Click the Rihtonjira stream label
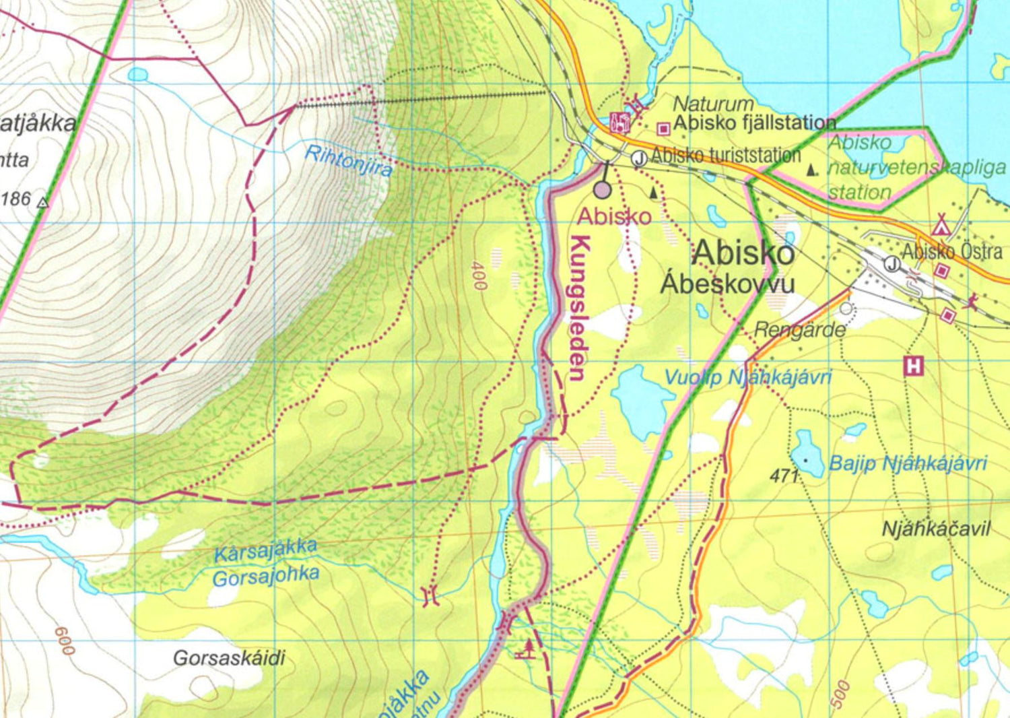348,161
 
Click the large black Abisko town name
743,253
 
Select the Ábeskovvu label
727,283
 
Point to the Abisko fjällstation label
754,123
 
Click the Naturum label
713,104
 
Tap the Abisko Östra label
952,252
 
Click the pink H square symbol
913,367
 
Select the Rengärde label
800,330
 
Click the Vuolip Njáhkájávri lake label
748,377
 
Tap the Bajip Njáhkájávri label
908,463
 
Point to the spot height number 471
784,476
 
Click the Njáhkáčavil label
936,529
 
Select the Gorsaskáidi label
229,658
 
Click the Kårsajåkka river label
265,550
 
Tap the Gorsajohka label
266,577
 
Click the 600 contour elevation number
65,641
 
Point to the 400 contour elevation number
478,275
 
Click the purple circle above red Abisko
603,190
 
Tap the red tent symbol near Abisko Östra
941,224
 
